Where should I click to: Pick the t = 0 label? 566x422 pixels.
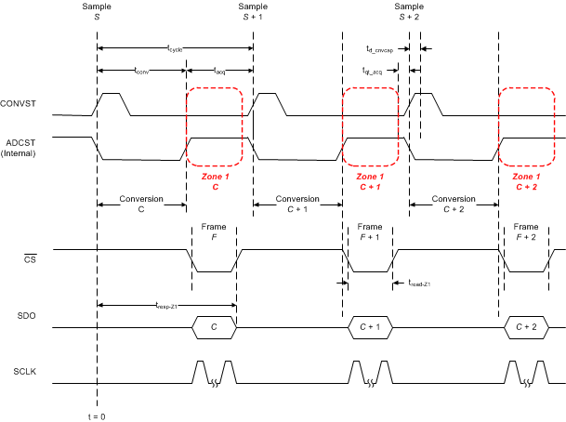pos(96,415)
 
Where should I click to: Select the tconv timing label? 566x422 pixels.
pos(141,70)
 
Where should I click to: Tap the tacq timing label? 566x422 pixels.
pos(219,70)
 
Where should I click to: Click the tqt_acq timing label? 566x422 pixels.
pos(375,70)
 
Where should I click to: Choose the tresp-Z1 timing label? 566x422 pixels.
pos(167,303)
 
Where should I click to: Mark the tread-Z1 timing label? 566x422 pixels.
pos(422,283)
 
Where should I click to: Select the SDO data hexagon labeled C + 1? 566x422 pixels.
pos(370,327)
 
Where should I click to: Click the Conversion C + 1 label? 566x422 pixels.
pos(296,204)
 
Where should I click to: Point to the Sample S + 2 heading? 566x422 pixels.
pos(409,11)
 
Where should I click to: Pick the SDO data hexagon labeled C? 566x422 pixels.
pos(214,327)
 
